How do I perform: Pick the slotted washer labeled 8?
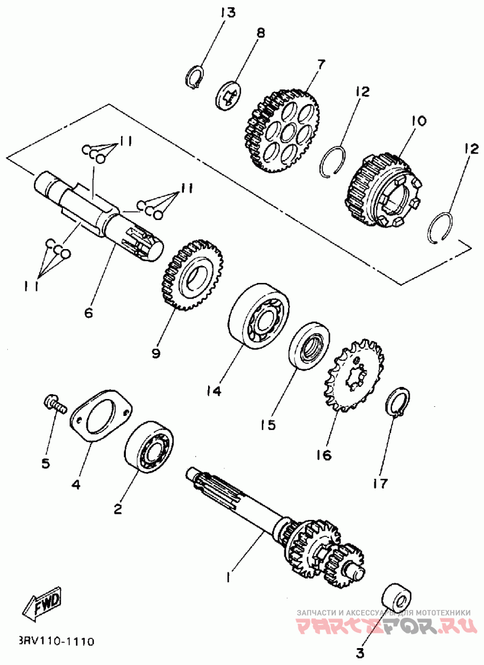coord(227,95)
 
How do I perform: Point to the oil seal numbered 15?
coord(310,346)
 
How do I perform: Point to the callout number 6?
coord(88,313)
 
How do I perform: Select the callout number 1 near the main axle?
coord(229,577)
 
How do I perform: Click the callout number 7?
coord(321,65)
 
